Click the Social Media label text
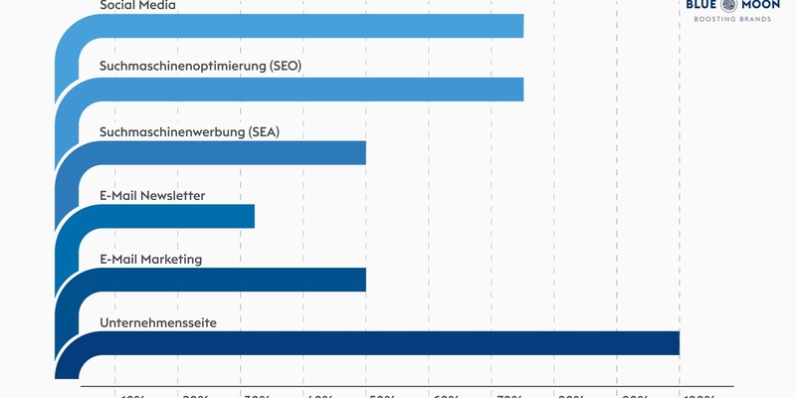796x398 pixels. [x=138, y=5]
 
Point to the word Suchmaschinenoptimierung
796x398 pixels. [x=182, y=67]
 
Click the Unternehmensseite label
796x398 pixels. [x=158, y=322]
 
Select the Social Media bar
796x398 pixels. [x=308, y=26]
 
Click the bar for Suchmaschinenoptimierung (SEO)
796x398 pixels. [x=308, y=90]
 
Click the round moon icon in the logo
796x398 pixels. [x=734, y=5]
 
